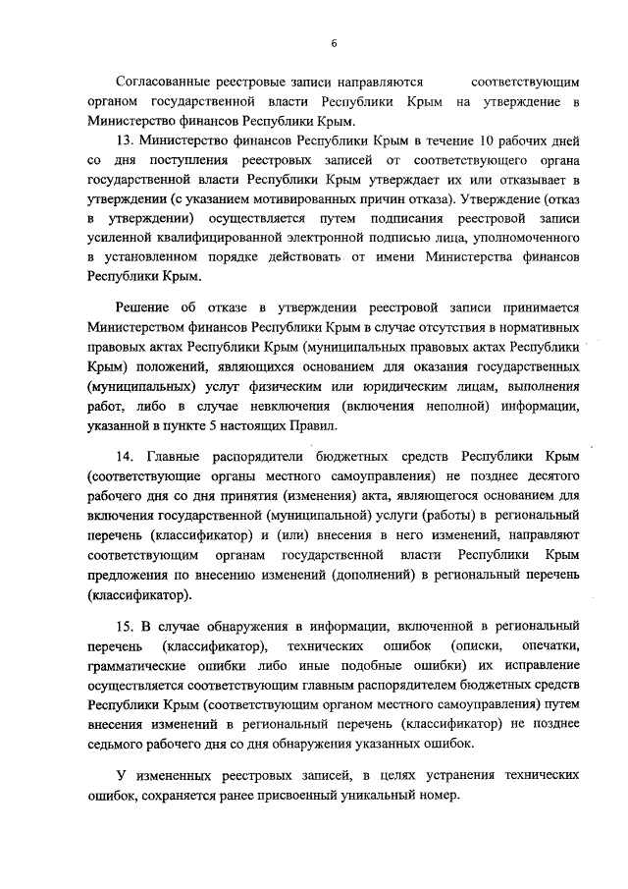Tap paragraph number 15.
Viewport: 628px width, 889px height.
click(124, 626)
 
